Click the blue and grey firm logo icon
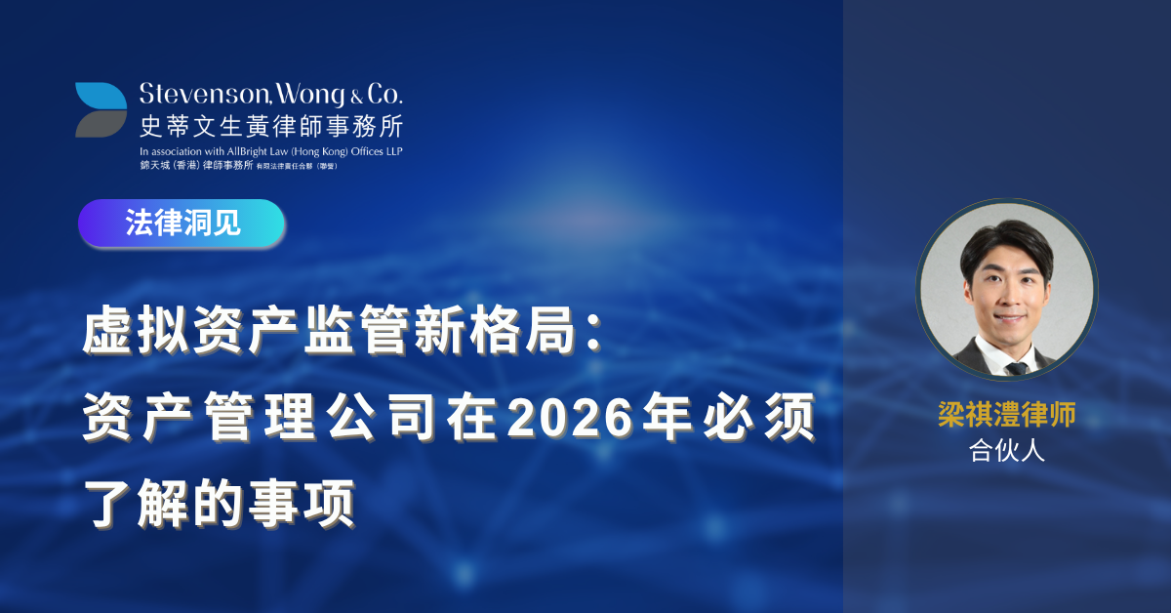(x=101, y=110)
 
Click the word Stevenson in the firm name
(x=204, y=94)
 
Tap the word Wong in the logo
(x=310, y=96)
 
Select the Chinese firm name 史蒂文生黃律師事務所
(x=271, y=126)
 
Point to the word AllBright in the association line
(x=247, y=151)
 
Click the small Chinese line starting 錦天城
(x=238, y=165)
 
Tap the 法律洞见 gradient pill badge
(x=182, y=223)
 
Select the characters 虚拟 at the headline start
(x=136, y=331)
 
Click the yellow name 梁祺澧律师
(x=1006, y=414)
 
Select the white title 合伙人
(x=1006, y=450)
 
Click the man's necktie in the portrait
(x=1016, y=368)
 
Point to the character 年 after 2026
(x=666, y=418)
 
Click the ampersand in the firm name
(x=356, y=97)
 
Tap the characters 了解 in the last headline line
(x=136, y=503)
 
